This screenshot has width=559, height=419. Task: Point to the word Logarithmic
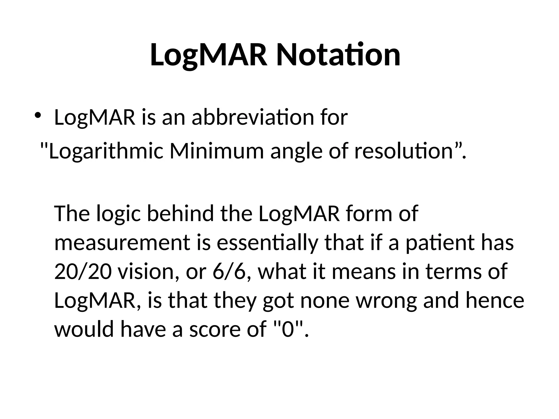(106, 152)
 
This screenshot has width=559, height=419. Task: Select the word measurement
(122, 243)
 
